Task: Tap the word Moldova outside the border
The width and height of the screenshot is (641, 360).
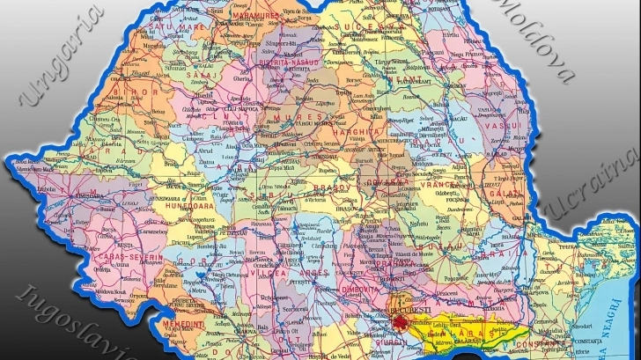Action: [537, 40]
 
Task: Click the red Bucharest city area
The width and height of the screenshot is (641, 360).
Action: [402, 322]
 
